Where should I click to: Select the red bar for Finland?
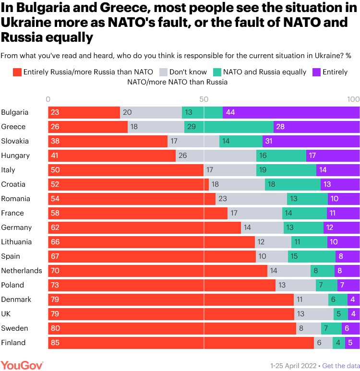180,343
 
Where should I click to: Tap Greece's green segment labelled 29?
228,127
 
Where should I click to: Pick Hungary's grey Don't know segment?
216,156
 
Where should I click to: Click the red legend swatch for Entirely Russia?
16,72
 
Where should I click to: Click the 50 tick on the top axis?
204,99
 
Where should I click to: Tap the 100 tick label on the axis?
353,99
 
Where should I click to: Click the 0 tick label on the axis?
48,99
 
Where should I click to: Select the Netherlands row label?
22,271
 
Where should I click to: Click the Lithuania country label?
17,242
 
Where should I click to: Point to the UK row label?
7,314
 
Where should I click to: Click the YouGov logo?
22,365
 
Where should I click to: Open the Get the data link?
341,365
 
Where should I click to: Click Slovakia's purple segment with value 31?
311,141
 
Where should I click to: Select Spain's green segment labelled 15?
312,256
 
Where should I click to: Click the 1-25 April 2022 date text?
294,365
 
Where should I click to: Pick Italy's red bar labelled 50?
126,170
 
